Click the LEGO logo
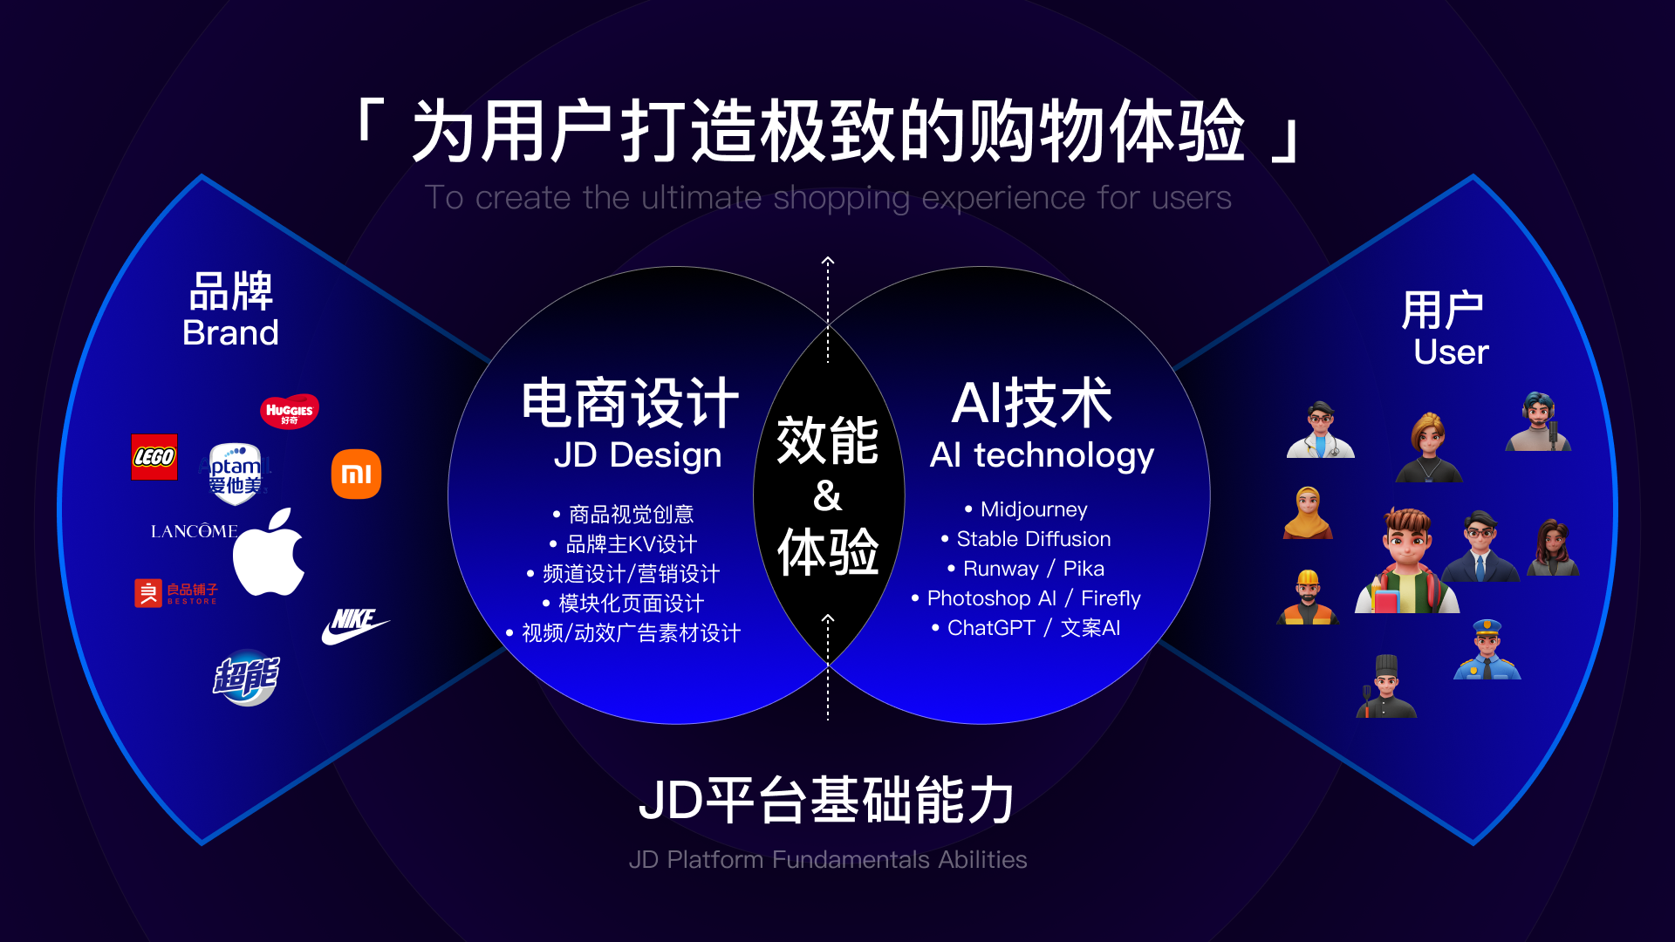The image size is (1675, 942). [154, 457]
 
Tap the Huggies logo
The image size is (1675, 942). [290, 411]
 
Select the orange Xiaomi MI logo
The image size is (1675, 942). [356, 474]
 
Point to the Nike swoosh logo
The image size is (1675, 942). [355, 626]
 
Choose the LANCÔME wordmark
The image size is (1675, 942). [194, 531]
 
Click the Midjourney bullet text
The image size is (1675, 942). [1026, 509]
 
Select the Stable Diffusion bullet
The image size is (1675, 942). [1026, 539]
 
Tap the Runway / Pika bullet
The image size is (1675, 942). [1026, 569]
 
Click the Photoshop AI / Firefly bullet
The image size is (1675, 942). [1026, 598]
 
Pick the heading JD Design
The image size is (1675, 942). [638, 455]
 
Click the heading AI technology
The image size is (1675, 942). [1042, 455]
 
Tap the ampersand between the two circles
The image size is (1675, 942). [828, 495]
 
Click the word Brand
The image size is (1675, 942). [230, 333]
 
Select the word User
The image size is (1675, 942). [1451, 352]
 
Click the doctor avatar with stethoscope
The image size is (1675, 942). [1321, 429]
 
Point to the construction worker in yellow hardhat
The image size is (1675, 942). [1307, 597]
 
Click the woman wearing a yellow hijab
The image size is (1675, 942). [1308, 513]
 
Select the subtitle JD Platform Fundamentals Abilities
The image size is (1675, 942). [828, 860]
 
